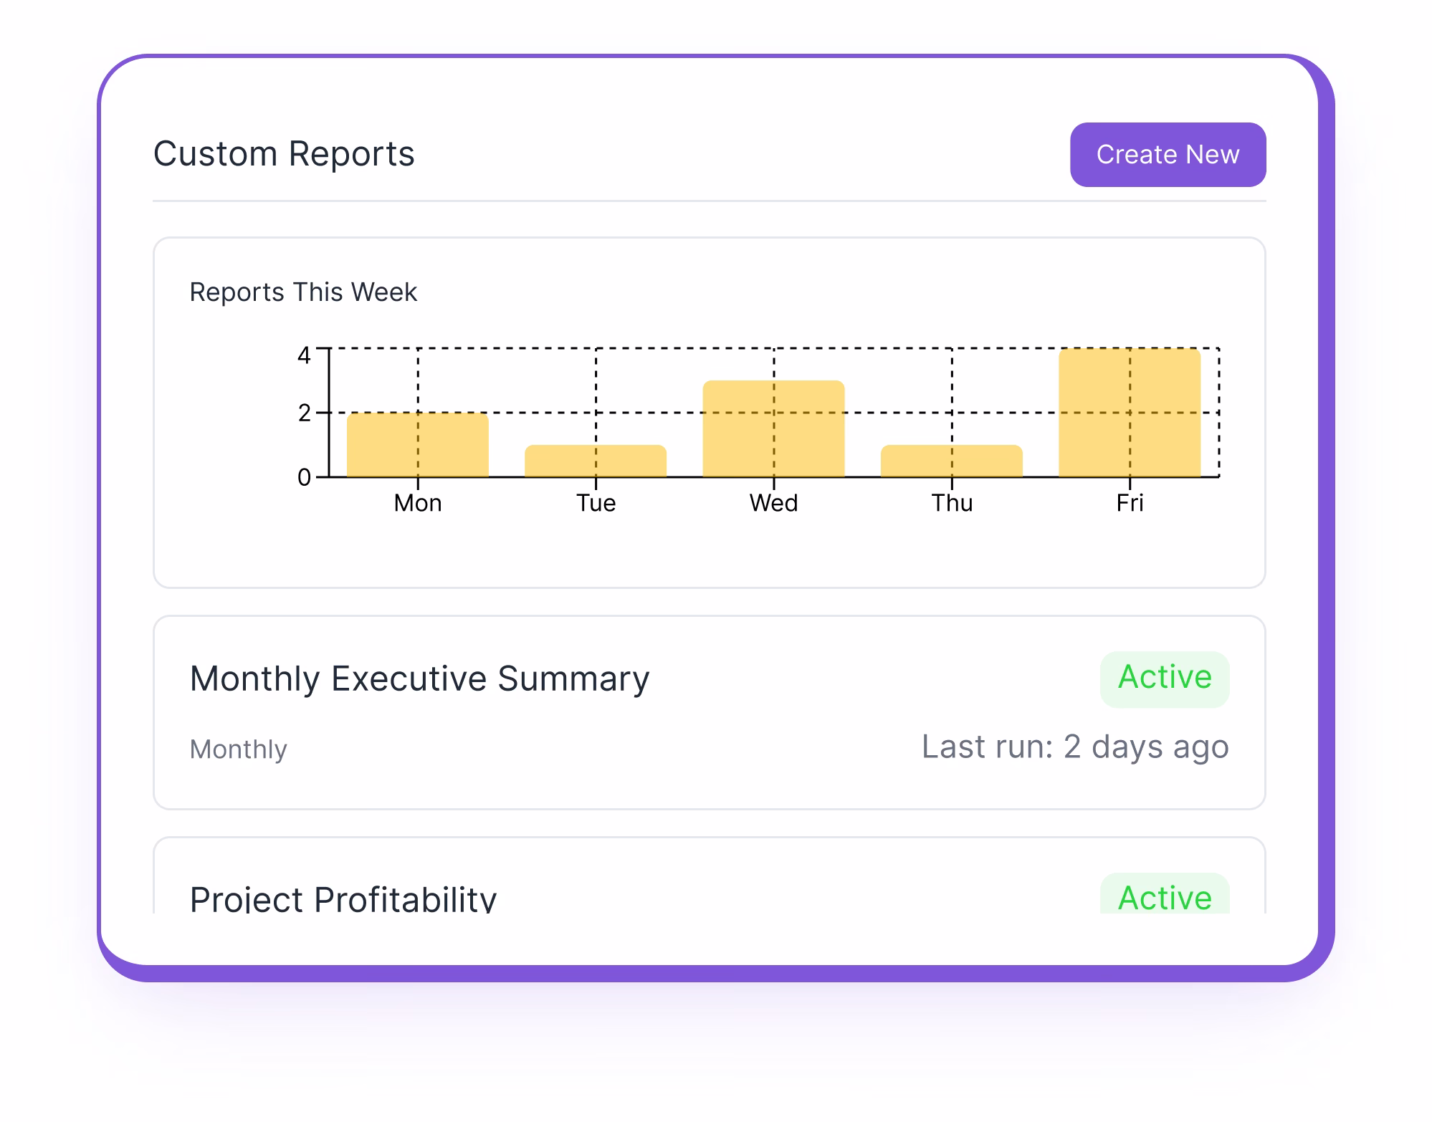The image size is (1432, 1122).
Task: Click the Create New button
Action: click(x=1167, y=155)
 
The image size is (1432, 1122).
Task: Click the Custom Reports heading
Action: click(x=284, y=154)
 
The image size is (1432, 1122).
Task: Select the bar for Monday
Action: click(x=417, y=445)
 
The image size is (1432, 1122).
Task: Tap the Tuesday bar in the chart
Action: click(x=595, y=461)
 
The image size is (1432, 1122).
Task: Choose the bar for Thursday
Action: click(x=950, y=461)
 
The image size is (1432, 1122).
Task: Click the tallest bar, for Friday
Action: click(x=1129, y=413)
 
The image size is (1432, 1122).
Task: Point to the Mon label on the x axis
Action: click(x=417, y=503)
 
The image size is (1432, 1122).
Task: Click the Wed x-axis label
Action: click(x=773, y=503)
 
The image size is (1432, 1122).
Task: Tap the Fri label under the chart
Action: click(x=1129, y=503)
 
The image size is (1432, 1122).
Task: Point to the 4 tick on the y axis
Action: click(x=304, y=355)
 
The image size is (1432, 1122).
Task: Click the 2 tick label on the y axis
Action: click(x=304, y=413)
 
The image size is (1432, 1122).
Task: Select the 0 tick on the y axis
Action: click(x=304, y=477)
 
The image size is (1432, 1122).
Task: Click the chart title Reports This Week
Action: click(x=302, y=292)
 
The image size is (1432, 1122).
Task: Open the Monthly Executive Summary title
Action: click(x=419, y=679)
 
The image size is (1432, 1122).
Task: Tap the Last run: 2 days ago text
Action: click(x=1074, y=747)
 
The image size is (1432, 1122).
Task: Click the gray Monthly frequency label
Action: click(x=238, y=749)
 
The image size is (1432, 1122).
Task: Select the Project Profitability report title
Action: click(x=343, y=898)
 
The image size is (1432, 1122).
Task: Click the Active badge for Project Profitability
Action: click(x=1164, y=897)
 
